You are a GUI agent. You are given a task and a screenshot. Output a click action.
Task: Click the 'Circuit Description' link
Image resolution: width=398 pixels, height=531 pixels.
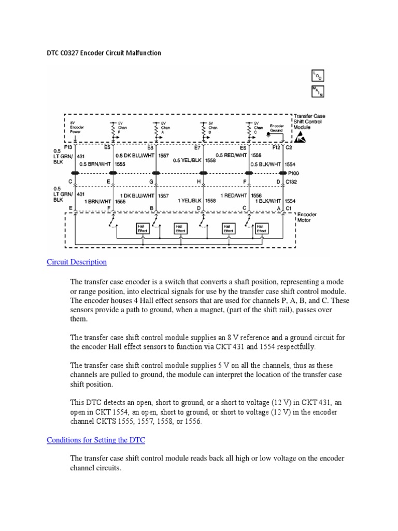click(x=77, y=262)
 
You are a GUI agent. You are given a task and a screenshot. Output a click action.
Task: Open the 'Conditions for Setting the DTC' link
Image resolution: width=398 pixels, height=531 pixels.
click(x=96, y=440)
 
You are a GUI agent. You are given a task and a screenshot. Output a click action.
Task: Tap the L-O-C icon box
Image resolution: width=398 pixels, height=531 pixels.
click(x=317, y=76)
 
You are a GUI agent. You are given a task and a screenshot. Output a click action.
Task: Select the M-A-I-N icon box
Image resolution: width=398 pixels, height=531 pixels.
click(x=317, y=91)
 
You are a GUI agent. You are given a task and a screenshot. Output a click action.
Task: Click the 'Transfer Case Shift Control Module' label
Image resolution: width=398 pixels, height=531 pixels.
click(x=309, y=122)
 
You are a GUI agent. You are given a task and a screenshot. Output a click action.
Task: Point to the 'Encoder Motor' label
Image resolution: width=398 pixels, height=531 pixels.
click(x=307, y=217)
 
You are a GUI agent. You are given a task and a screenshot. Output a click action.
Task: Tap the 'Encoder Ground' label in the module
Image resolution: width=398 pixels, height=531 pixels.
click(x=276, y=128)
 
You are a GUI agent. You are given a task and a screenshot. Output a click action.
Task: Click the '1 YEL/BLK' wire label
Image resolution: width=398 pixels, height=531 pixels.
click(x=190, y=200)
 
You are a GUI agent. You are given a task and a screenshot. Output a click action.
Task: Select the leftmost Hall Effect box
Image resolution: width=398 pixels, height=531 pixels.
click(x=142, y=229)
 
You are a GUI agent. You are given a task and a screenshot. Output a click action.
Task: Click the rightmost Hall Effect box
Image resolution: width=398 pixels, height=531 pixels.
click(x=262, y=229)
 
